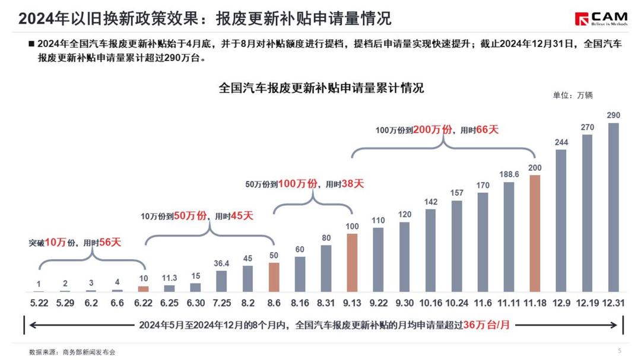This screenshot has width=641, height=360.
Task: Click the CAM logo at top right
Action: coord(601,18)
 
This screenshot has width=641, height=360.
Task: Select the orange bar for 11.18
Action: coord(535,233)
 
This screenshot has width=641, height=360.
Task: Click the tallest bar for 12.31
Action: coord(614,208)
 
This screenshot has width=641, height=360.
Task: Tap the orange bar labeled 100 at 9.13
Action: coord(352,263)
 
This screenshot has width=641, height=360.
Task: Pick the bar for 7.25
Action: coord(221,281)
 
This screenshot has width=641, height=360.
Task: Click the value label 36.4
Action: coord(221,264)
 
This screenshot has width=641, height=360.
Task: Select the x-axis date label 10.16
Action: coord(430,302)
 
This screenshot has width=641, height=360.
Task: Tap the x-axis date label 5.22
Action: coord(39,302)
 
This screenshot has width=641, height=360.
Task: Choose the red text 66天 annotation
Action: coord(487,129)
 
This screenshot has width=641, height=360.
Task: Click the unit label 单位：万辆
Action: coord(573,95)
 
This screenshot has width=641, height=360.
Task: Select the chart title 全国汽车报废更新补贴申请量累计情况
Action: coord(321,88)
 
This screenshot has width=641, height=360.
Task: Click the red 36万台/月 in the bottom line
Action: coord(487,325)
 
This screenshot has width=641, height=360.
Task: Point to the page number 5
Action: coord(620,351)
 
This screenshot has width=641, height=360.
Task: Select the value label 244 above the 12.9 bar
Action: coord(561,142)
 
